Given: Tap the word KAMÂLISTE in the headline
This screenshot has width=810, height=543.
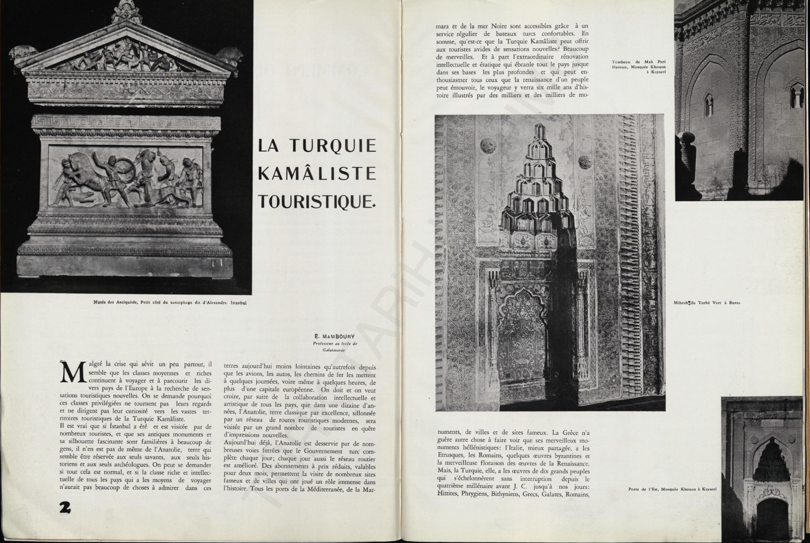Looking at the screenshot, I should click(x=317, y=173).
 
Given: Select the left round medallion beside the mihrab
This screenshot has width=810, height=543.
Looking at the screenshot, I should click(x=486, y=145).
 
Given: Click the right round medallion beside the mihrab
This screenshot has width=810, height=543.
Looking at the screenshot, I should click(x=585, y=161).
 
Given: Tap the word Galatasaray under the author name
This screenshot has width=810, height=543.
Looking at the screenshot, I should click(x=334, y=349).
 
